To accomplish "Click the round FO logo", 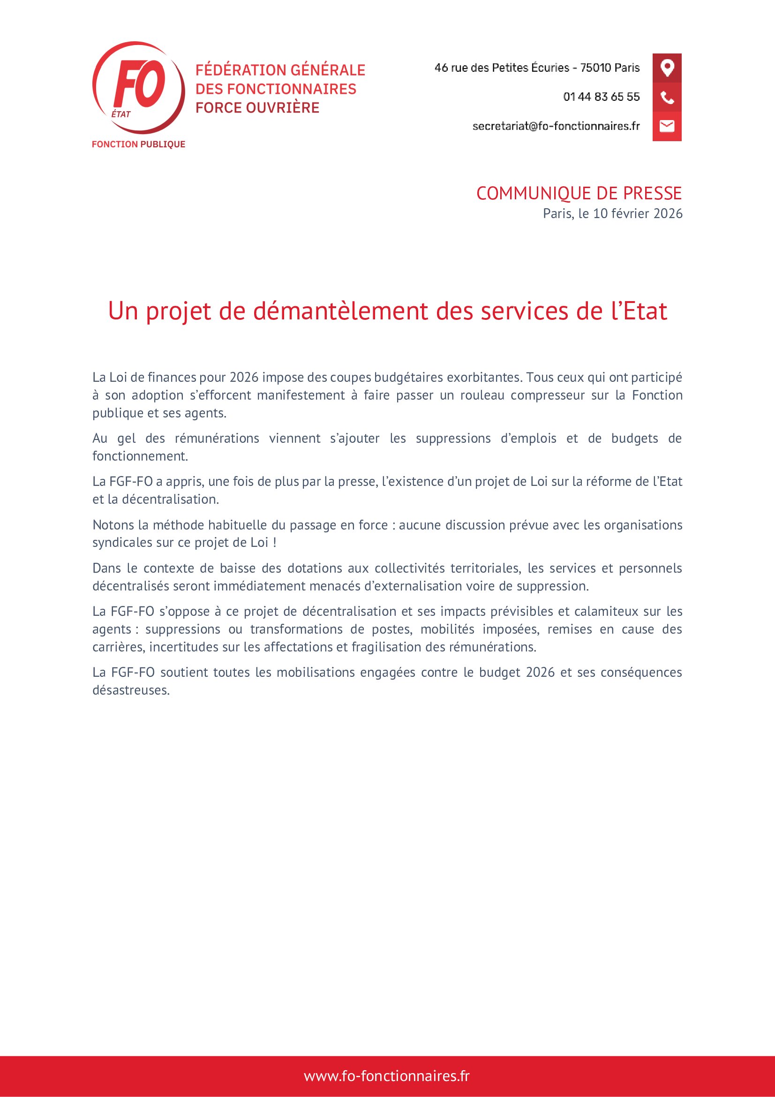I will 138,87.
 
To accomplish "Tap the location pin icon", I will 667,68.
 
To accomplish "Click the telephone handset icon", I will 667,98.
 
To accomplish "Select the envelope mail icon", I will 667,126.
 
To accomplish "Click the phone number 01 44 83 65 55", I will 601,97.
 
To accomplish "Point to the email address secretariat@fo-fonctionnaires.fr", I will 556,126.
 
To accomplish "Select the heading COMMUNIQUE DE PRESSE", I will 579,194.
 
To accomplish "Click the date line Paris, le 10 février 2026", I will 612,213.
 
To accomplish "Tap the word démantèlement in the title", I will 340,311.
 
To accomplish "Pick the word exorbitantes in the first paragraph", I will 483,378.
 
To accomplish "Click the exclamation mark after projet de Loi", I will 275,543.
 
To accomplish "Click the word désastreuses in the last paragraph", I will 131,690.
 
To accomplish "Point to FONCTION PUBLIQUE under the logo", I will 138,144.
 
